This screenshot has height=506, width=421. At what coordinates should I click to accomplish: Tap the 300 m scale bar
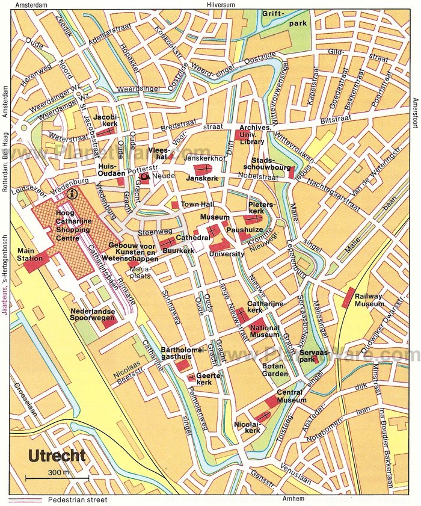coord(58,477)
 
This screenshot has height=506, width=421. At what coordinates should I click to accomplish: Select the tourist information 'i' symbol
coord(73,194)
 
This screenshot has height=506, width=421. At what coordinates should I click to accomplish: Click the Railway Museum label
coord(369,300)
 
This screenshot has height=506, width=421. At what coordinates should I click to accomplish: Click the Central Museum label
coord(290,396)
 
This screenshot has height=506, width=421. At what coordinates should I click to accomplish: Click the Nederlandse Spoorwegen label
coord(93,316)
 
